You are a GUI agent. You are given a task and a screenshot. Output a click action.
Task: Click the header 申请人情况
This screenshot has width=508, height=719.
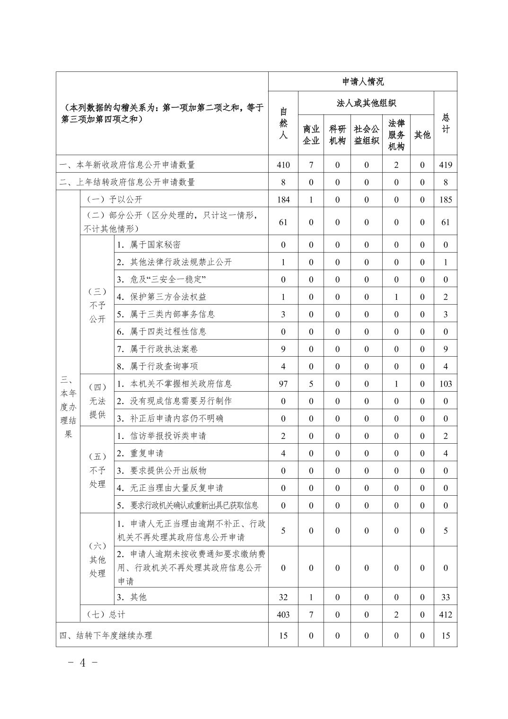[x=363, y=81]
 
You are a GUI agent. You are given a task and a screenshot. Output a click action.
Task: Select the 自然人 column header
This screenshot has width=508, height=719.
[x=283, y=123]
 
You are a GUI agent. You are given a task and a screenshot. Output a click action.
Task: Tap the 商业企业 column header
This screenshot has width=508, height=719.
[x=311, y=135]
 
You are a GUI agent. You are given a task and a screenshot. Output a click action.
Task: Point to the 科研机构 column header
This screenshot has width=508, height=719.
[x=337, y=135]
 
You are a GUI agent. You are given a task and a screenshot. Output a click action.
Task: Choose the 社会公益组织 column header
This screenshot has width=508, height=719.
[x=366, y=135]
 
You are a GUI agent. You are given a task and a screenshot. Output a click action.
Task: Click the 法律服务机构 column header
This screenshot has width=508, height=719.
[x=396, y=135]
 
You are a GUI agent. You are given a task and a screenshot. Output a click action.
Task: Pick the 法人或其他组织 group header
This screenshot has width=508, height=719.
[x=366, y=103]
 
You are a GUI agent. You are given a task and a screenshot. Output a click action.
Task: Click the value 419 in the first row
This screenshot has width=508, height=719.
[x=445, y=165]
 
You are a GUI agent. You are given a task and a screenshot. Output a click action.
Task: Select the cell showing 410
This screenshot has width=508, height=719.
[x=283, y=165]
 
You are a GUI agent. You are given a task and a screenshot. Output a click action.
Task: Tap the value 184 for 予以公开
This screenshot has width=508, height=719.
[x=283, y=200]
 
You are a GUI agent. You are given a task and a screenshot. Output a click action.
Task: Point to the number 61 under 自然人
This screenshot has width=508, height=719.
[x=283, y=222]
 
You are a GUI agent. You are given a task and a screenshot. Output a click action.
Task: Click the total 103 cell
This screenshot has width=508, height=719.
[x=445, y=384]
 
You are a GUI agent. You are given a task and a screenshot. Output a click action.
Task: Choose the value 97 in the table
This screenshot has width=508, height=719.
[x=283, y=384]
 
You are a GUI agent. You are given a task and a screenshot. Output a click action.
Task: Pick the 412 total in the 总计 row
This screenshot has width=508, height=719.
[x=445, y=614]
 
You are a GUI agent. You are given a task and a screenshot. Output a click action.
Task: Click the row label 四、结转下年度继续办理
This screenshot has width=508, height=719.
[x=106, y=636]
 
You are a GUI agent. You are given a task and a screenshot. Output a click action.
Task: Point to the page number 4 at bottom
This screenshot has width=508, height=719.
[x=83, y=662]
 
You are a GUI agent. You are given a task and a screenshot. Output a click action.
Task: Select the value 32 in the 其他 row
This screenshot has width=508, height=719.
[x=283, y=597]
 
